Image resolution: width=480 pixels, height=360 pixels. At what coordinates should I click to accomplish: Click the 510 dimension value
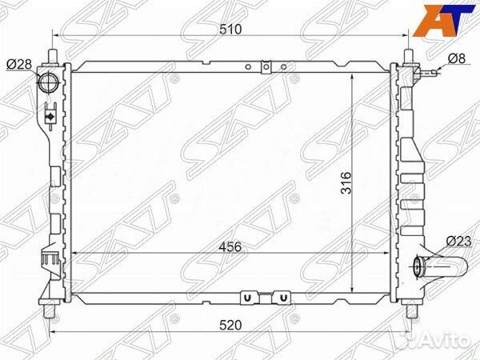(x=231, y=29)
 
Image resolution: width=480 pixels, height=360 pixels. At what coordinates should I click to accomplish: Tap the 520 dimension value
(x=230, y=325)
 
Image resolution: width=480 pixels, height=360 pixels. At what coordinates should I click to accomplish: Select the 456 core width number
(x=230, y=246)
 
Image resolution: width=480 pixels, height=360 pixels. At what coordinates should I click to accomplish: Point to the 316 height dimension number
(x=346, y=182)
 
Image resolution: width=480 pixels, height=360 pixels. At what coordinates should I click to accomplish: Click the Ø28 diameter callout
(x=19, y=64)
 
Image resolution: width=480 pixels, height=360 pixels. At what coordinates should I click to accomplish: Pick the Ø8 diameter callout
(x=457, y=58)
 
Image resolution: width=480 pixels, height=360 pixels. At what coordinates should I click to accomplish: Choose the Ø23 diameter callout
(x=458, y=242)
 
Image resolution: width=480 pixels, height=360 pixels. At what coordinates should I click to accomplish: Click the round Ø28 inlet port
(x=48, y=82)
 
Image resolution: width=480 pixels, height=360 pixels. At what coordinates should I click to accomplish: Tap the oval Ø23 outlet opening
(x=418, y=266)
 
